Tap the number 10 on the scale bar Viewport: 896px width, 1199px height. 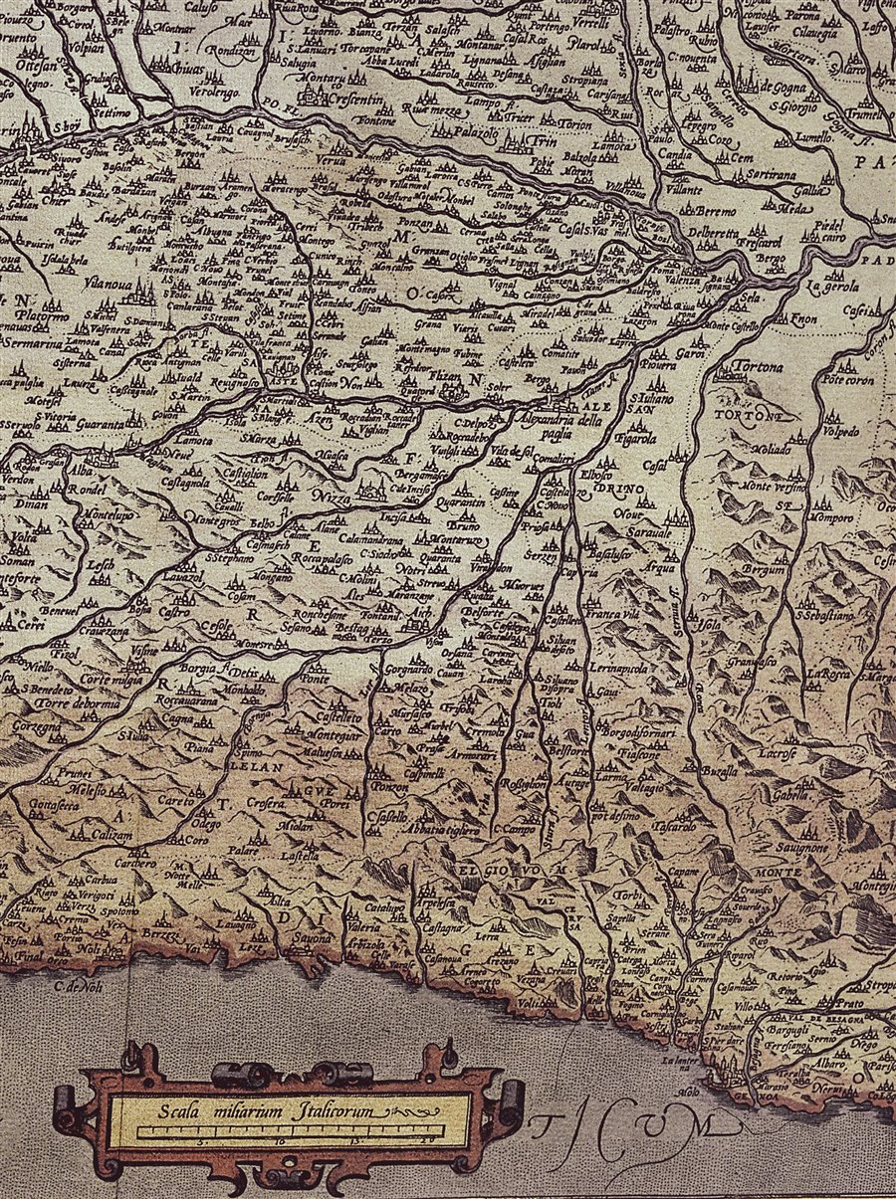[x=280, y=1141]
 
